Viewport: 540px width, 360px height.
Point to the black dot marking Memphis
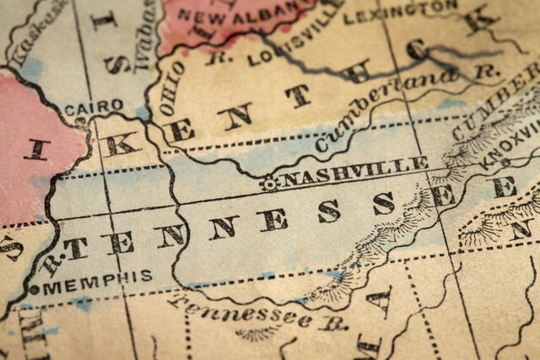pos(34,290)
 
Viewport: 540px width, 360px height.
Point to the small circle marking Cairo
pos(81,121)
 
